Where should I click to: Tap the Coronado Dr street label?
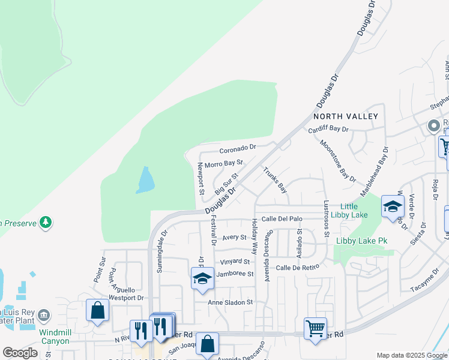[x=238, y=147]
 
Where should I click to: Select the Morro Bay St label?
[x=223, y=163]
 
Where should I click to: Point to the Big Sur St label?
[x=227, y=184]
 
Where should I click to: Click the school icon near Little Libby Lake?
[x=393, y=207]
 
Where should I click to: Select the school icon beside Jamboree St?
[x=202, y=278]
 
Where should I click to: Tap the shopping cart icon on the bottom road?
[x=315, y=328]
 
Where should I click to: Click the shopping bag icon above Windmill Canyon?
[x=97, y=310]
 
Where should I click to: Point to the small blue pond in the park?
[x=145, y=180]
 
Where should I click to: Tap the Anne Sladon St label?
[x=231, y=302]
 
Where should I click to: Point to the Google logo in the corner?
[x=19, y=353]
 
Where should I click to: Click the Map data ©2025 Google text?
[x=412, y=355]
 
